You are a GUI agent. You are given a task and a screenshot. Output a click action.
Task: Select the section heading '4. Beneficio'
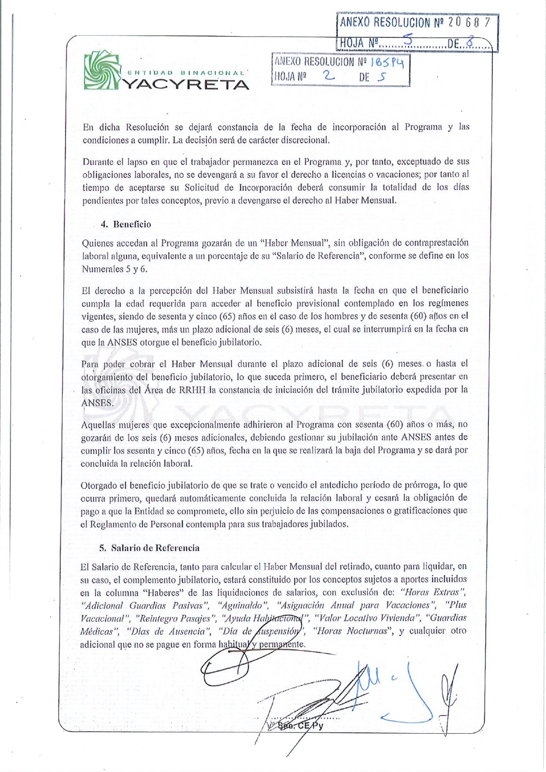(126, 224)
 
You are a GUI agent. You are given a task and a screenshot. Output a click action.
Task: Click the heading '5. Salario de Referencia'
(149, 548)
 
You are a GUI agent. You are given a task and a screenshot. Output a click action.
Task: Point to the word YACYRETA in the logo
(185, 84)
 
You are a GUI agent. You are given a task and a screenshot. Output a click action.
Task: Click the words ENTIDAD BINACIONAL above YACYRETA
(185, 73)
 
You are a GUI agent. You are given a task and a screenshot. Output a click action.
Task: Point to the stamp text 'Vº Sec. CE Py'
(295, 726)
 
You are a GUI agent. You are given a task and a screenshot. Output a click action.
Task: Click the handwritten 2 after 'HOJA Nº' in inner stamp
(328, 76)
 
